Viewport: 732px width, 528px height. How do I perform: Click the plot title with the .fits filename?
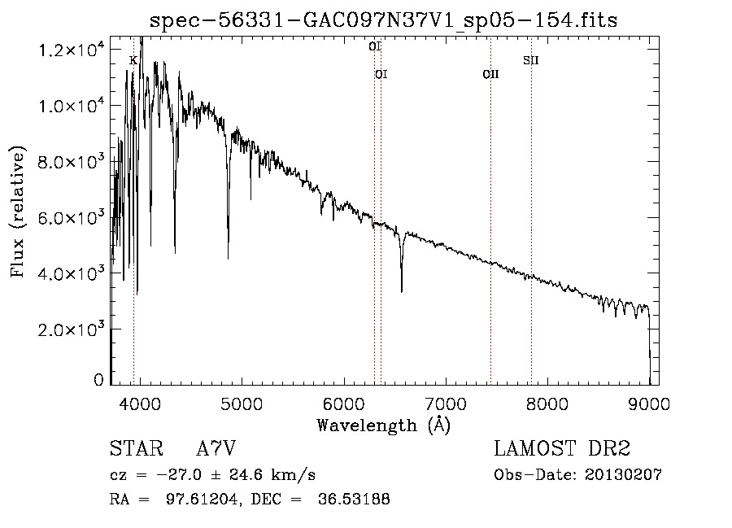[x=383, y=20]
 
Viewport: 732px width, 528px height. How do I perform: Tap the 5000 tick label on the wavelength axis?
[x=242, y=404]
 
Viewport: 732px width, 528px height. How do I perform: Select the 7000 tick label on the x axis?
[x=446, y=404]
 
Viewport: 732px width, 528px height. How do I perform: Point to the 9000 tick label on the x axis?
[x=649, y=404]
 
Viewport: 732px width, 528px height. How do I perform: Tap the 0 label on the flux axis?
[x=98, y=380]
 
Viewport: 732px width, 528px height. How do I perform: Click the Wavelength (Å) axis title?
[x=384, y=425]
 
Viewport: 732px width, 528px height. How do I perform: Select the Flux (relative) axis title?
[x=18, y=212]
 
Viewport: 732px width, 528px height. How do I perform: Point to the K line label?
[x=133, y=61]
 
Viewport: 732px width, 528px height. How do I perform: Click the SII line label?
[x=531, y=60]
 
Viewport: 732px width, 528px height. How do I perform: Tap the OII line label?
[x=490, y=74]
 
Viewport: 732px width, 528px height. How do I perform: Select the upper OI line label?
[x=375, y=46]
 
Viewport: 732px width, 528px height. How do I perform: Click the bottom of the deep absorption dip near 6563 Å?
[x=402, y=292]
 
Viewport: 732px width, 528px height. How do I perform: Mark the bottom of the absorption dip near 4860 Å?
[x=228, y=258]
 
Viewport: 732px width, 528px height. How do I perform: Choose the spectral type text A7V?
[x=216, y=448]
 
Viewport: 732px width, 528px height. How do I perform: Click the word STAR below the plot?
[x=137, y=448]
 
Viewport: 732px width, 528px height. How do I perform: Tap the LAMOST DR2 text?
[x=562, y=448]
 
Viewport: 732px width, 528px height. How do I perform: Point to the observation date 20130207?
[x=623, y=475]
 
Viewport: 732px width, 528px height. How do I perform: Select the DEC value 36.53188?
[x=354, y=499]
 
